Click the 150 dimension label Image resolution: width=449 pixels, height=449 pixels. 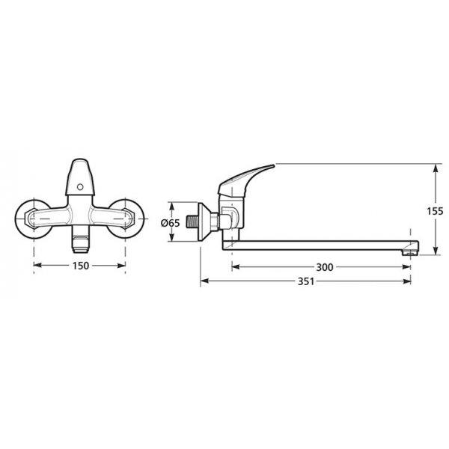[x=81, y=266]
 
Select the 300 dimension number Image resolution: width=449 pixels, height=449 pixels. [x=325, y=267]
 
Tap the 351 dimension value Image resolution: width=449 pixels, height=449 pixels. [x=306, y=281]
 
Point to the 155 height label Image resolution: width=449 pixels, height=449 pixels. [x=435, y=211]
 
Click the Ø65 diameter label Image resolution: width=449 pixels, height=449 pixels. [x=170, y=223]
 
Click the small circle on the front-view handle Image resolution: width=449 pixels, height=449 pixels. [x=81, y=187]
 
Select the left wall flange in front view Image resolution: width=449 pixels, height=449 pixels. [x=33, y=219]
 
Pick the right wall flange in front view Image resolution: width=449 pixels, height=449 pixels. [x=126, y=219]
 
